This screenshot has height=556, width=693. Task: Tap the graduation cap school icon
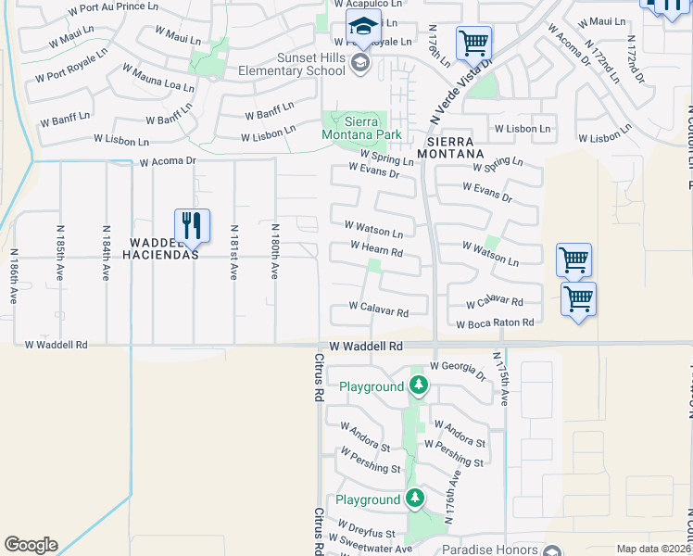click(x=363, y=28)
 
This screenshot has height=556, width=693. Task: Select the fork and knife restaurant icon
click(x=192, y=225)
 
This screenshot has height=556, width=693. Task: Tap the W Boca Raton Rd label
click(x=496, y=323)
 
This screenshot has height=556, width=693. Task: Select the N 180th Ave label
click(x=275, y=251)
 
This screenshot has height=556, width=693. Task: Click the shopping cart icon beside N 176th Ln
click(x=473, y=42)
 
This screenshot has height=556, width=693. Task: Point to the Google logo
click(x=31, y=545)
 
